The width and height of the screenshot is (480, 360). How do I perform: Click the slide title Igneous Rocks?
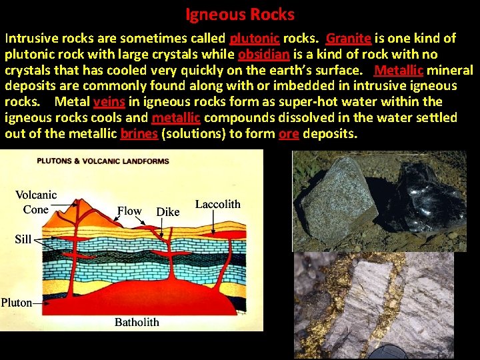(x=240, y=14)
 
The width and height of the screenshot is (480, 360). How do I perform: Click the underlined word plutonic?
(x=254, y=38)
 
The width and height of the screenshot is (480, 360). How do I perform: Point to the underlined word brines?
(x=139, y=133)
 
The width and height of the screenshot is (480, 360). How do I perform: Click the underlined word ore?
(x=289, y=133)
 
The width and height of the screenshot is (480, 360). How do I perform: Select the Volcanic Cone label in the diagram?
(x=36, y=202)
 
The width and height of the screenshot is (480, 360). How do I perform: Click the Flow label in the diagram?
(x=129, y=211)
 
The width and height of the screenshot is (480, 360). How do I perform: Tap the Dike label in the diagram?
(x=167, y=211)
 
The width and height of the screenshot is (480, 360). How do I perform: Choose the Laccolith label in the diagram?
(x=217, y=204)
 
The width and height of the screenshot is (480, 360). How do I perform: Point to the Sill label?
(x=23, y=239)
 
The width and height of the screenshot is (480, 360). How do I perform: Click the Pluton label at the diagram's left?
(x=17, y=302)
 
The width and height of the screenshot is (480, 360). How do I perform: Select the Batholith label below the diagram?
(x=137, y=322)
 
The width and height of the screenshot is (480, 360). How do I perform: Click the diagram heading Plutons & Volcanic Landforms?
(x=103, y=161)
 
